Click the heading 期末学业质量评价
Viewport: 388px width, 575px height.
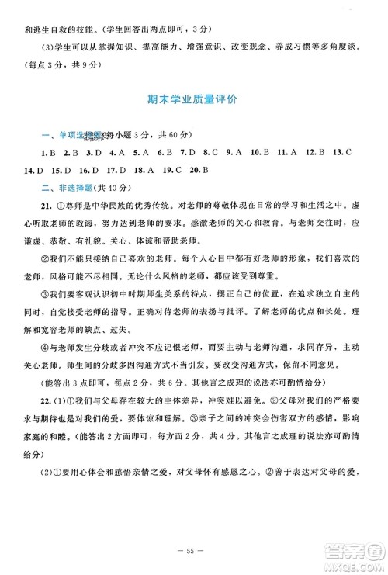click(x=193, y=99)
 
